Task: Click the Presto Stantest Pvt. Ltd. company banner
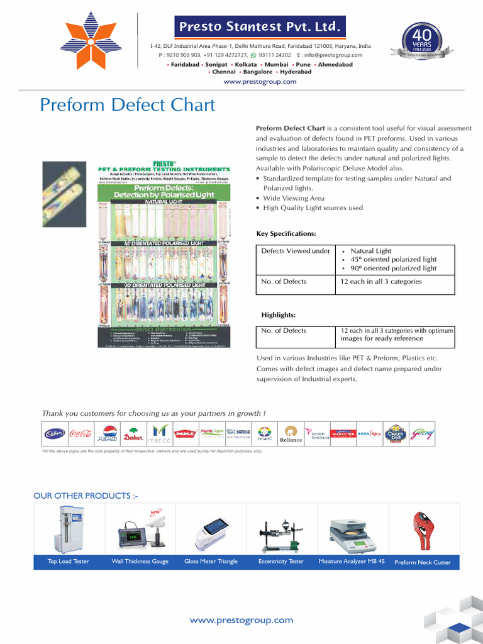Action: [260, 27]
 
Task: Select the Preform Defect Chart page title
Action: [127, 104]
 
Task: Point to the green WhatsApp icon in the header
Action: [253, 55]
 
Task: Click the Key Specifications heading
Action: [286, 233]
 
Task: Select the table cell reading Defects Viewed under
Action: [296, 251]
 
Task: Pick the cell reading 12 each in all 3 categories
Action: [381, 281]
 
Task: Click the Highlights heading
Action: [279, 314]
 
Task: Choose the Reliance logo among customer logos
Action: [291, 434]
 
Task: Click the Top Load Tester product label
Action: [69, 562]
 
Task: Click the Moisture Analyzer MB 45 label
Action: [352, 562]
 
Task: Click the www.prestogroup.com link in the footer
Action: [241, 620]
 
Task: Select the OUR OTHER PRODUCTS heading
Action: [86, 496]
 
